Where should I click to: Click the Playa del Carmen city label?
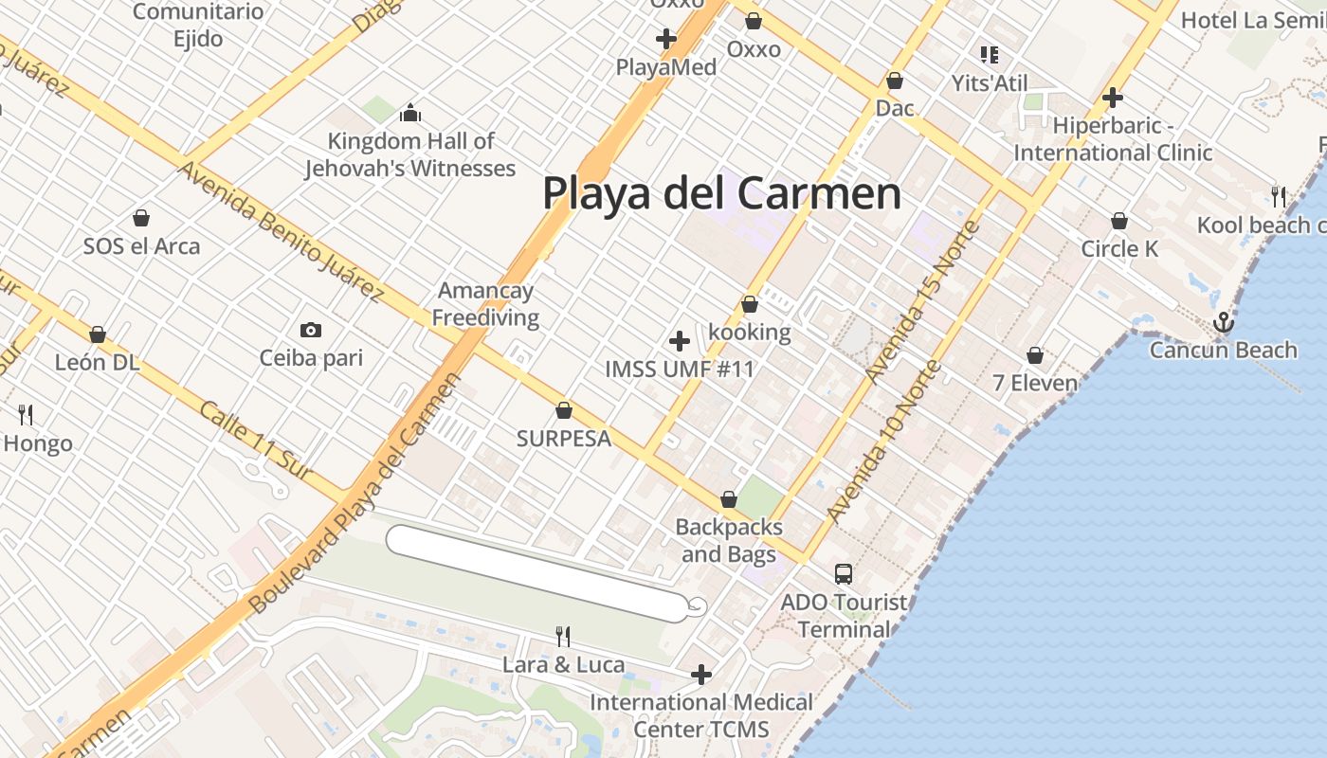(721, 193)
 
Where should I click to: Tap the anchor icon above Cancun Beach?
(1224, 323)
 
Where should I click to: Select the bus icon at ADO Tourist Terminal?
(843, 573)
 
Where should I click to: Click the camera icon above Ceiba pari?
(310, 330)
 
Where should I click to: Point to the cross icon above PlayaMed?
(666, 39)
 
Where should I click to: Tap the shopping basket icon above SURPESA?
(564, 410)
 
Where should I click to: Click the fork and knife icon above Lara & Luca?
(563, 636)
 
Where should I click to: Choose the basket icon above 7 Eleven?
(1035, 355)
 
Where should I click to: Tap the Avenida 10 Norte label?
(883, 442)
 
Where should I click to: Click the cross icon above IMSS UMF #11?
(680, 341)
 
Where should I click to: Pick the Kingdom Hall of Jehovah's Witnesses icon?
(410, 113)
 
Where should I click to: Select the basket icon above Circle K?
(1119, 221)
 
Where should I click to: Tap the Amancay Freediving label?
(485, 304)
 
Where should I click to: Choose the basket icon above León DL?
(97, 334)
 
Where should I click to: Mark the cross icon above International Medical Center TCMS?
(701, 675)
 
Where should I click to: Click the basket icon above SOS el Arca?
(141, 219)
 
